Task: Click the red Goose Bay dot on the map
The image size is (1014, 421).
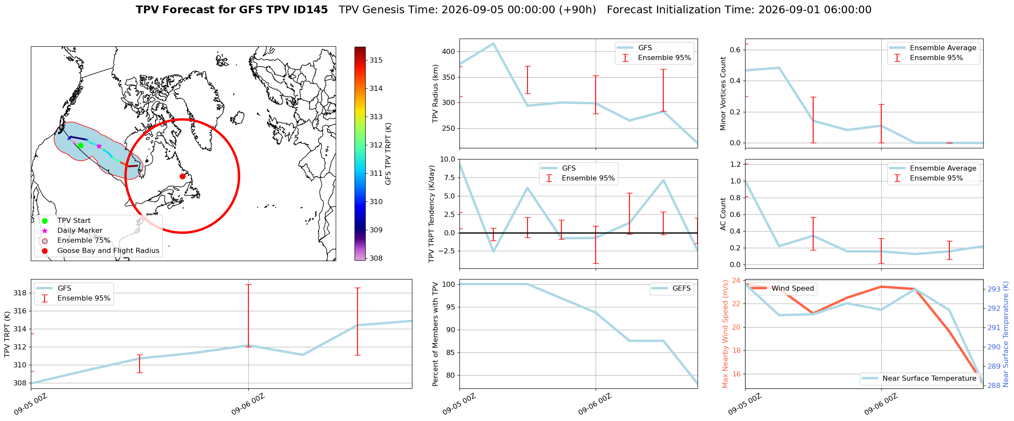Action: pyautogui.click(x=182, y=176)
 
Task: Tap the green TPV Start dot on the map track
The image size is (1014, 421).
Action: pyautogui.click(x=81, y=146)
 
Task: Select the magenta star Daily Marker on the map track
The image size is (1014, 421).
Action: pyautogui.click(x=99, y=146)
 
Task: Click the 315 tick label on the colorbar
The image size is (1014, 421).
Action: pyautogui.click(x=376, y=60)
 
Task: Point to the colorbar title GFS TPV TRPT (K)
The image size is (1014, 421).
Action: pyautogui.click(x=388, y=154)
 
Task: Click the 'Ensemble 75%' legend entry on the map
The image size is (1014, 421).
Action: pyautogui.click(x=84, y=241)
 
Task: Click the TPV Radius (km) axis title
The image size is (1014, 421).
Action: pyautogui.click(x=436, y=93)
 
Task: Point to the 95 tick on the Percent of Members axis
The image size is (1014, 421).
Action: pyautogui.click(x=451, y=307)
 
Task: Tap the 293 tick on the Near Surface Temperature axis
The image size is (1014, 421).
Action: pyautogui.click(x=994, y=289)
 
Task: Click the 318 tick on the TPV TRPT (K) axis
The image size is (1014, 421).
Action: pyautogui.click(x=20, y=293)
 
